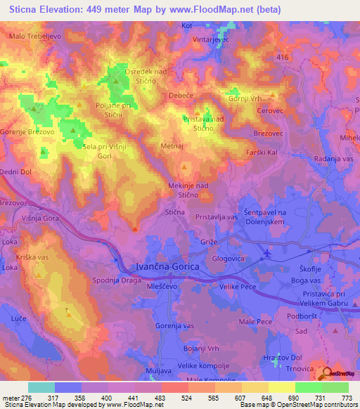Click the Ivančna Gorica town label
[x=166, y=268]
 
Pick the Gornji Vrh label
[x=245, y=98]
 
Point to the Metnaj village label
[x=172, y=146]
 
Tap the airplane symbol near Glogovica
[x=266, y=252]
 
